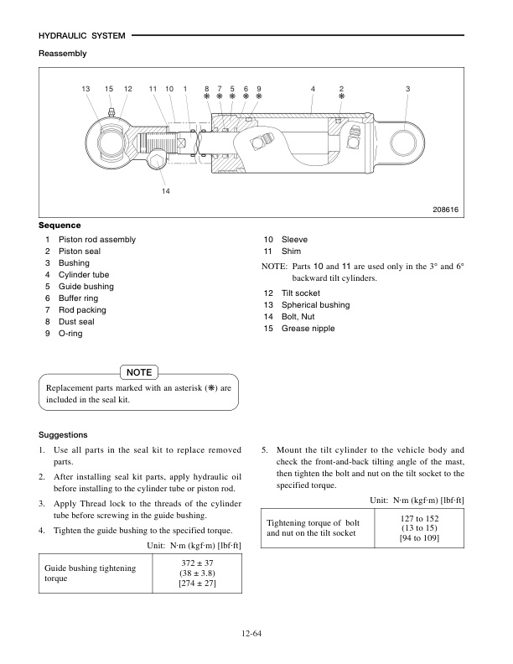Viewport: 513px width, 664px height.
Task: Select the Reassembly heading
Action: click(x=63, y=54)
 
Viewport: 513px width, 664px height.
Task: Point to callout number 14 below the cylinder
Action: click(x=166, y=191)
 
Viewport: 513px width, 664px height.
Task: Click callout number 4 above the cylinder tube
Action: click(x=312, y=89)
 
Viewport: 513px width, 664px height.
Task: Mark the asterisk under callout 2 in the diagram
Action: click(x=341, y=97)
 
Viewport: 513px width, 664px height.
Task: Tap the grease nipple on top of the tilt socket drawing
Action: click(x=111, y=113)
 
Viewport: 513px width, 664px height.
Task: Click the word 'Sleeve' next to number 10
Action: click(x=294, y=240)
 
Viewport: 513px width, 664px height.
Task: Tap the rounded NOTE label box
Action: click(x=138, y=371)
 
